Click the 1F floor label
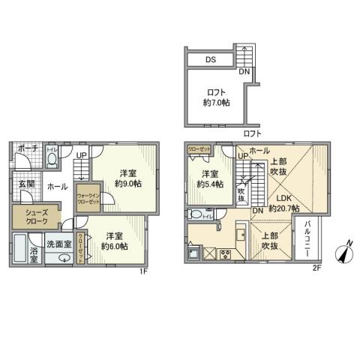(142, 271)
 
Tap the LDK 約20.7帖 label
(285, 202)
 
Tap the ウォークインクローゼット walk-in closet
(88, 198)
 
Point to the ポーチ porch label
(27, 148)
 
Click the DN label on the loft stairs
(245, 72)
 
